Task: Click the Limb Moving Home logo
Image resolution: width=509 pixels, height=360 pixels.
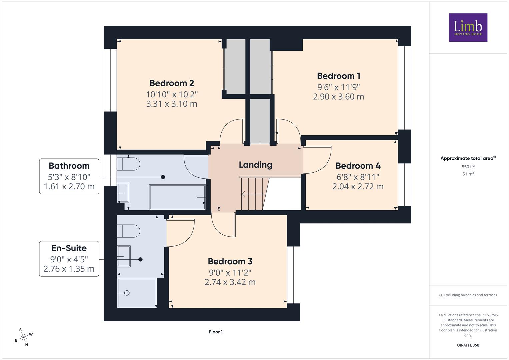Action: [x=468, y=27]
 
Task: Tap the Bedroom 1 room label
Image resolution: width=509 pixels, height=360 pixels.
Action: [x=339, y=76]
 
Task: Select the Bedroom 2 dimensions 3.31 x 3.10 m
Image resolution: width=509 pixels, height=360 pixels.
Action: [x=172, y=104]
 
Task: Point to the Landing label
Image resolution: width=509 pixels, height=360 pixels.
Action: [x=255, y=165]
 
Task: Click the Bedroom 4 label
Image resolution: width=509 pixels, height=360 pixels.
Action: [x=358, y=166]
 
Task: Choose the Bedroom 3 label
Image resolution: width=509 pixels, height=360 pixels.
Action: [x=230, y=261]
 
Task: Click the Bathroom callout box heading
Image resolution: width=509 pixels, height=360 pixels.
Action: [x=69, y=166]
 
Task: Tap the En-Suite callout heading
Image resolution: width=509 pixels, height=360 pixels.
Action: [x=69, y=248]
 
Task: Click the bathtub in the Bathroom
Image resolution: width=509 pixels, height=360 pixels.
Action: [x=177, y=197]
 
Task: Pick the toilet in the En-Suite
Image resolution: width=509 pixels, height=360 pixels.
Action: [x=128, y=231]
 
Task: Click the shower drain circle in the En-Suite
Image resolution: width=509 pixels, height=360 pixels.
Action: [x=127, y=293]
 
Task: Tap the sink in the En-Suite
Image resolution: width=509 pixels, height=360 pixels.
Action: [x=124, y=256]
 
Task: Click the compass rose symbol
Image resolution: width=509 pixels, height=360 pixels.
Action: [x=23, y=337]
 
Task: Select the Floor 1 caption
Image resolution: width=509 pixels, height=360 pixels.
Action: [x=216, y=332]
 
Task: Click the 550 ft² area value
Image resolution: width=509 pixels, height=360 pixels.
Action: [x=468, y=167]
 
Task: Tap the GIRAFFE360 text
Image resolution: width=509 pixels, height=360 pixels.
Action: [x=468, y=345]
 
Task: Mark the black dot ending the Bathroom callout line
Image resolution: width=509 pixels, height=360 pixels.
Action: [x=163, y=177]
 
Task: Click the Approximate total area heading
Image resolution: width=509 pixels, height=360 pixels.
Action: [x=468, y=158]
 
